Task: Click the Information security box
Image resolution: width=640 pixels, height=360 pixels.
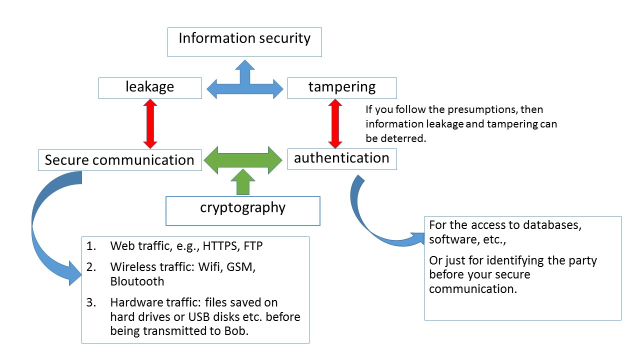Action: pos(244,42)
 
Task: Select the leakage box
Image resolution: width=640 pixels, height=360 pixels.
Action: pos(150,88)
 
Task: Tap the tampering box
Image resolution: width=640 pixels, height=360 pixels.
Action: pos(342,88)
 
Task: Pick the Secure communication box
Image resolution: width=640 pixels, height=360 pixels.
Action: pos(119,160)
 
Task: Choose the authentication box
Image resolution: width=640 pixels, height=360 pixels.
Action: pos(342,159)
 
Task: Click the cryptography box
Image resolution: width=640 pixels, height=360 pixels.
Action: pos(242,210)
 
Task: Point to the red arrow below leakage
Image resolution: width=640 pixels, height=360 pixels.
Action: pos(150,123)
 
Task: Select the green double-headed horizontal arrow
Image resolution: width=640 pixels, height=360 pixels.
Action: pos(243,160)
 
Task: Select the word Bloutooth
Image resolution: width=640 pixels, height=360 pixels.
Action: pos(137,281)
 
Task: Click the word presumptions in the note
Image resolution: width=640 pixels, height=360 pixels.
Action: pos(449,109)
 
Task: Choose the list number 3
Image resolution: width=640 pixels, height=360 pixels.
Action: pos(90,303)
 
